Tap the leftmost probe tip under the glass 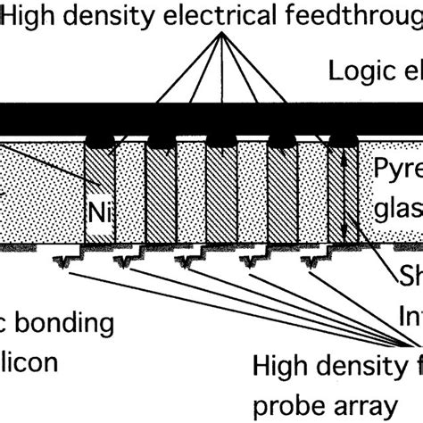pyautogui.click(x=66, y=261)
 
